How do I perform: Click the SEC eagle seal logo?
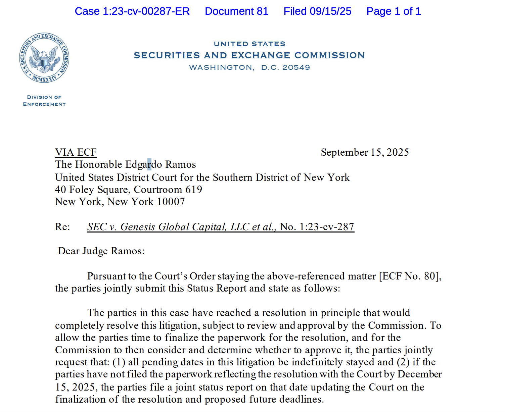(x=44, y=58)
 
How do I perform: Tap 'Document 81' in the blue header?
(x=236, y=11)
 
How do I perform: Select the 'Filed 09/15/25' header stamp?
(x=317, y=11)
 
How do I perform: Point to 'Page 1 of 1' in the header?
(x=394, y=11)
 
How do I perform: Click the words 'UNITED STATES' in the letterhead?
(x=249, y=44)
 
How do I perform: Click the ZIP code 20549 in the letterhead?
(x=296, y=67)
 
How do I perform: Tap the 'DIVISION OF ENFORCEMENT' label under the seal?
(x=44, y=101)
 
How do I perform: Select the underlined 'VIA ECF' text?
(x=76, y=153)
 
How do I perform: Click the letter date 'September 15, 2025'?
(x=365, y=153)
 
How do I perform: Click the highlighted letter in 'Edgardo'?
(x=149, y=165)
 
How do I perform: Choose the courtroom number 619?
(x=194, y=190)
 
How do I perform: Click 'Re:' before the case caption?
(x=62, y=227)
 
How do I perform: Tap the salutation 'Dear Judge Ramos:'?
(x=101, y=251)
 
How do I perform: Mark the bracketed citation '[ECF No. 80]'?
(x=410, y=276)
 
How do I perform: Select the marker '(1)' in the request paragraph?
(x=119, y=362)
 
